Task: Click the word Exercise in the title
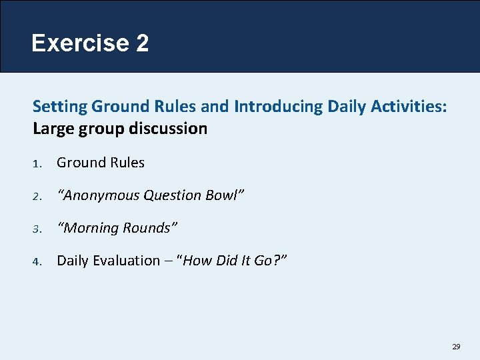[80, 43]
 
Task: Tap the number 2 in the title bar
[141, 43]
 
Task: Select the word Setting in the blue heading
[60, 106]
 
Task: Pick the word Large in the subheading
[53, 128]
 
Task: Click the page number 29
[456, 347]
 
